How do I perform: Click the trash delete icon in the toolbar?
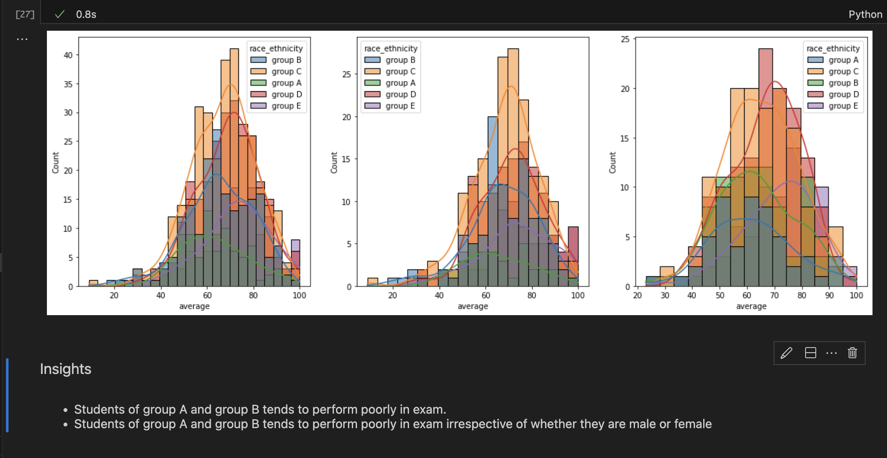tap(852, 353)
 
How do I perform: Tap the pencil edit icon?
tap(786, 353)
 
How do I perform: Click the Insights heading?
tap(66, 369)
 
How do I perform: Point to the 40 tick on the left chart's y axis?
tap(68, 55)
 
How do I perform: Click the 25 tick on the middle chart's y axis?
tap(346, 74)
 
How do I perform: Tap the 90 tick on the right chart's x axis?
tap(829, 295)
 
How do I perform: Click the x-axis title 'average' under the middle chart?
tap(472, 306)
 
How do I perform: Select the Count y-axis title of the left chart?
tap(55, 163)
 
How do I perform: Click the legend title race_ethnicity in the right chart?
tap(833, 49)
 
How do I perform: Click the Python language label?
tap(865, 14)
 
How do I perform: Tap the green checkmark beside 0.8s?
tap(60, 14)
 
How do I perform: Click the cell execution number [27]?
tap(25, 14)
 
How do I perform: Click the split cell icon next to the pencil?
tap(810, 353)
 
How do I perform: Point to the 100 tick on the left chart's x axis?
tap(299, 295)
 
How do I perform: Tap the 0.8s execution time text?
tap(86, 14)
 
